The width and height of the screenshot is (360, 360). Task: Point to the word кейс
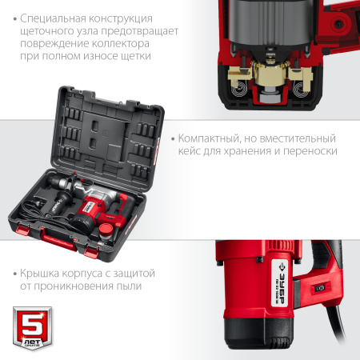point(194,150)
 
